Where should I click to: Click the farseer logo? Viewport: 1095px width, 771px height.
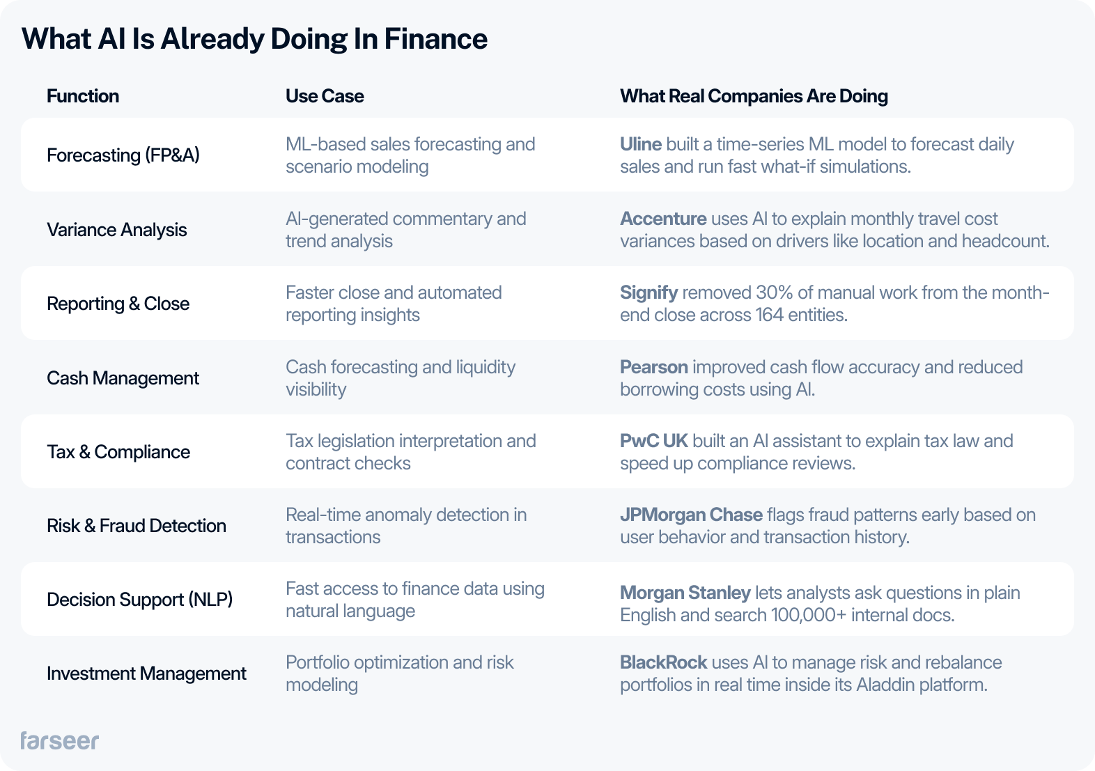click(59, 740)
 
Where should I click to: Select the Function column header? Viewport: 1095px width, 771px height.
click(83, 96)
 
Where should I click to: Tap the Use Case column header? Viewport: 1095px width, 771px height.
click(325, 96)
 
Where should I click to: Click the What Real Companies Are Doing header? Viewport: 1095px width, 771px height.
click(754, 96)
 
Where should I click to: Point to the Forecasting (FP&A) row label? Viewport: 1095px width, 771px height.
click(123, 155)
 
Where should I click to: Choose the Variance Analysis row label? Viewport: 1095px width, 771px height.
click(117, 230)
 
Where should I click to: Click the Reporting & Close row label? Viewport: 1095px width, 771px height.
click(118, 304)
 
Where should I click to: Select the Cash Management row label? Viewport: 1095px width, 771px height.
click(123, 378)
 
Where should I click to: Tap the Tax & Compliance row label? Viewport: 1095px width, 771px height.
click(118, 452)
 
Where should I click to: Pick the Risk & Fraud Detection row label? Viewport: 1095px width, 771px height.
click(137, 526)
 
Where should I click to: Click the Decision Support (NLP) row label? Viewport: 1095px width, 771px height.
click(140, 600)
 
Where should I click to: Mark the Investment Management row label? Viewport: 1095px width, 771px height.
click(146, 673)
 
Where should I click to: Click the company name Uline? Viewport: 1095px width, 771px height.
click(641, 144)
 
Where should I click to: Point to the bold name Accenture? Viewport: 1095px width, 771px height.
click(663, 219)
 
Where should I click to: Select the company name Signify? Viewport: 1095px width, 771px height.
click(649, 293)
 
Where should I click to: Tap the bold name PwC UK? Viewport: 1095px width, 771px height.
click(654, 441)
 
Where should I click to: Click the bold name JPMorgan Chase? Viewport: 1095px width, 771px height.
click(691, 515)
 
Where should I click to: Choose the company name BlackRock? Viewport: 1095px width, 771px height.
click(664, 662)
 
